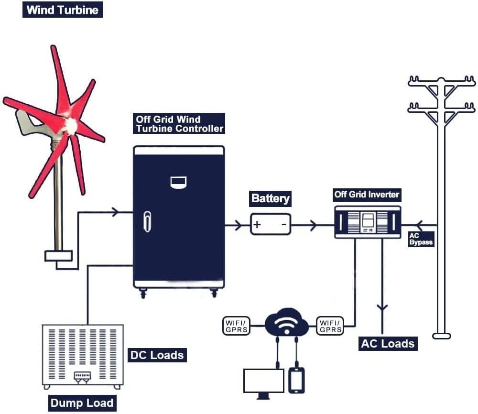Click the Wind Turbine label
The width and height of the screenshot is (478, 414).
pyautogui.click(x=63, y=10)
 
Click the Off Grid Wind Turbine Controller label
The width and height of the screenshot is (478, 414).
pyautogui.click(x=179, y=124)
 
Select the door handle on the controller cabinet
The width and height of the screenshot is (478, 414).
pyautogui.click(x=147, y=221)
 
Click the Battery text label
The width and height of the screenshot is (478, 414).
pyautogui.click(x=271, y=198)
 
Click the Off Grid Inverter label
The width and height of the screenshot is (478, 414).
pyautogui.click(x=367, y=195)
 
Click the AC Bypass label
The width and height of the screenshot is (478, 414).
pyautogui.click(x=421, y=239)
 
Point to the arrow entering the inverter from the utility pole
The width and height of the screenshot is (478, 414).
pyautogui.click(x=420, y=225)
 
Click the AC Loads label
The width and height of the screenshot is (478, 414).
pyautogui.click(x=388, y=344)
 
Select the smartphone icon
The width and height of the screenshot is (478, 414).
pyautogui.click(x=296, y=380)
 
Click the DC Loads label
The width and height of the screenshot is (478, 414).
pyautogui.click(x=157, y=355)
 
